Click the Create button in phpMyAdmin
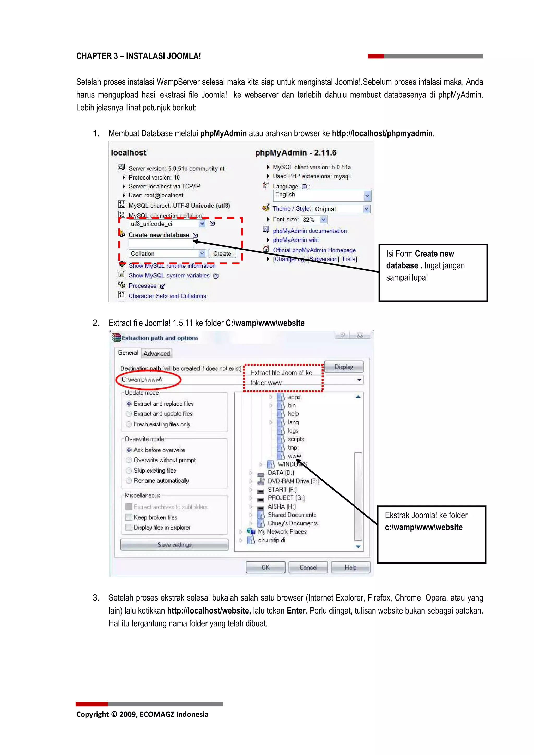pyautogui.click(x=222, y=253)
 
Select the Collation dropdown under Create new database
pyautogui.click(x=167, y=253)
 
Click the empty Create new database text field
pyautogui.click(x=161, y=244)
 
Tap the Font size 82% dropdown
pyautogui.click(x=314, y=220)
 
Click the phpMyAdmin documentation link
pyautogui.click(x=310, y=231)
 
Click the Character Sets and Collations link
pyautogui.click(x=167, y=296)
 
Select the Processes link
pyautogui.click(x=142, y=286)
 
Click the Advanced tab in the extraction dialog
pyautogui.click(x=157, y=354)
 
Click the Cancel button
pyautogui.click(x=308, y=567)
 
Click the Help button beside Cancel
pyautogui.click(x=350, y=567)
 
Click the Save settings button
pyautogui.click(x=174, y=545)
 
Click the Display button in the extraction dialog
pyautogui.click(x=344, y=367)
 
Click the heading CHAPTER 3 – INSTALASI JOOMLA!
pyautogui.click(x=138, y=56)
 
